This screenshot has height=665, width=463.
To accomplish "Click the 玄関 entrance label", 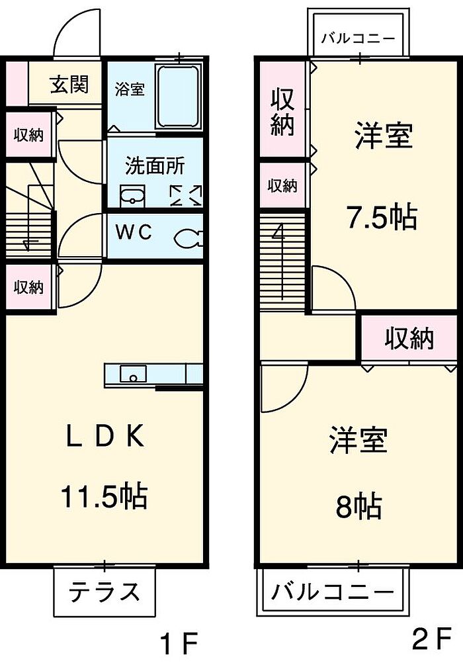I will [69, 84].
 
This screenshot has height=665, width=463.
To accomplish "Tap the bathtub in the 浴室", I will [179, 96].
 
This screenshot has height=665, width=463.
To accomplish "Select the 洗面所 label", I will [155, 165].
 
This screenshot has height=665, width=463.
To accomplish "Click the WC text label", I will [135, 233].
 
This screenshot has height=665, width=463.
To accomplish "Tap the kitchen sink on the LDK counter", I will [133, 375].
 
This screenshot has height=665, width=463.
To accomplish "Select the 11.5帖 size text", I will [104, 496].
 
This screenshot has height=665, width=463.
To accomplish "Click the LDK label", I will [104, 437].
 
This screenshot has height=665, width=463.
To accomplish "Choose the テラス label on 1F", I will [105, 590].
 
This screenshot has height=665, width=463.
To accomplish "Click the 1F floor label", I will [178, 643].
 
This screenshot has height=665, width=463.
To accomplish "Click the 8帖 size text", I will [358, 507].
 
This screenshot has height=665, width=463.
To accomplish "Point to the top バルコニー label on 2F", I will [358, 38].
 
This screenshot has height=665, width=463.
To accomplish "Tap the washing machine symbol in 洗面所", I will [186, 195].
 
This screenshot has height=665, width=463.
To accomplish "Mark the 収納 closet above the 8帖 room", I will [409, 339].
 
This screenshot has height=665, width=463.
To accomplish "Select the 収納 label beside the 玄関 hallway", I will [29, 135].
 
